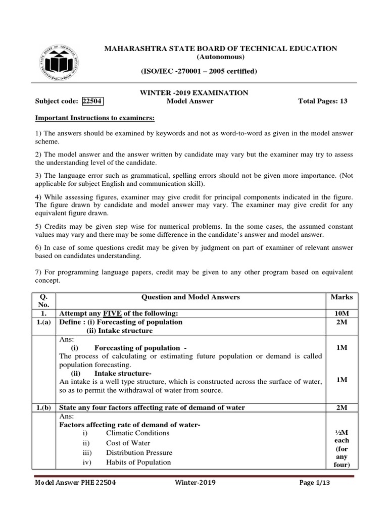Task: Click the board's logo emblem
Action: click(x=59, y=63)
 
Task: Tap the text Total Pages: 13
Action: click(x=323, y=101)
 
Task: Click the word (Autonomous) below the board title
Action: click(x=220, y=57)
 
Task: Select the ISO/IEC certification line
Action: click(x=199, y=71)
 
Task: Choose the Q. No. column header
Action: click(x=44, y=301)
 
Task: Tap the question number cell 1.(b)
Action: click(x=44, y=407)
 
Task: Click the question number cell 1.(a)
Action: click(x=44, y=322)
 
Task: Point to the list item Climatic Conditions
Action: click(x=137, y=433)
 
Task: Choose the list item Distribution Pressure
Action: click(x=139, y=452)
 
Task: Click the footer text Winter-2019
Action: click(x=195, y=483)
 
